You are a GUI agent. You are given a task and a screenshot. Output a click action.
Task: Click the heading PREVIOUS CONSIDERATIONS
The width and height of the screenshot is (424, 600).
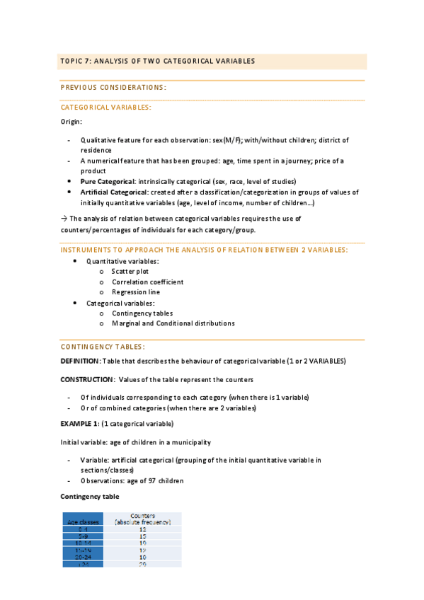click(113, 88)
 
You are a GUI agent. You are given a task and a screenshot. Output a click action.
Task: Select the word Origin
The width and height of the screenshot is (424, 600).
click(71, 122)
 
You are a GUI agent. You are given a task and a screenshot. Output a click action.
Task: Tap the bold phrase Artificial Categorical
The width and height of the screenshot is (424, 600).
click(113, 192)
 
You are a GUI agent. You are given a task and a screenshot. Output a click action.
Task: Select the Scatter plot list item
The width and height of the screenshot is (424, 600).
click(130, 272)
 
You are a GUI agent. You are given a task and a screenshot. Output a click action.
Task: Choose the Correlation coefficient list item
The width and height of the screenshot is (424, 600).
click(147, 282)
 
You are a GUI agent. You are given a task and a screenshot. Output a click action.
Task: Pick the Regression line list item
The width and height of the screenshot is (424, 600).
click(136, 292)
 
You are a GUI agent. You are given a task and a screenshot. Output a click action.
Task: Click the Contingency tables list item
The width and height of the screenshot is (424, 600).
click(142, 313)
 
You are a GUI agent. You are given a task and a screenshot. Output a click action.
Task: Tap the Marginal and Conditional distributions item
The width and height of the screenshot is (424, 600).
click(173, 323)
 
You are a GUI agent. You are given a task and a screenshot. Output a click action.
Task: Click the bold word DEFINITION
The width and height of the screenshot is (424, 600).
click(80, 361)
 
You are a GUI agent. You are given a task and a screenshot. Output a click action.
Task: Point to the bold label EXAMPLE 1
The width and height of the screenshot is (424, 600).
click(79, 424)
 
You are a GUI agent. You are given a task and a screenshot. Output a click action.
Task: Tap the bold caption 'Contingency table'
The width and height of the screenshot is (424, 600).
click(90, 497)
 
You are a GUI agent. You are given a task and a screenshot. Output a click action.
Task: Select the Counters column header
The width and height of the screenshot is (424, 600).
click(143, 519)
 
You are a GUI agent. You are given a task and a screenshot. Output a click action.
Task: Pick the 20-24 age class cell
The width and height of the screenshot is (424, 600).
click(83, 557)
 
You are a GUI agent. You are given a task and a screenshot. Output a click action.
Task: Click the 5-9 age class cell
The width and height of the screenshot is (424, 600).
click(83, 536)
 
